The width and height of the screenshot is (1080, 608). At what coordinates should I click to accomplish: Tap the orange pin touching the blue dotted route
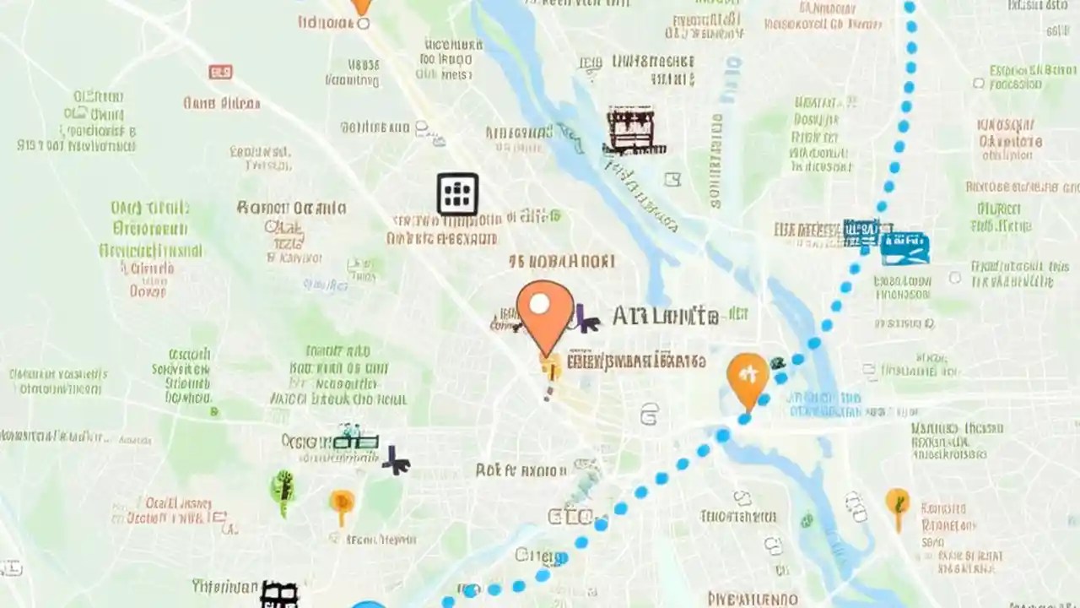(748, 377)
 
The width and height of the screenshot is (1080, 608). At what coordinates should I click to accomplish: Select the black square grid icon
(457, 194)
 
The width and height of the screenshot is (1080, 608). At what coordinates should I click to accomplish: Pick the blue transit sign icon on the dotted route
(904, 246)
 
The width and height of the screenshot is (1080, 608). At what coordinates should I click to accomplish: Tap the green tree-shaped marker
(283, 491)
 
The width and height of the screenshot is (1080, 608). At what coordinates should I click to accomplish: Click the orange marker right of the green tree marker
(342, 505)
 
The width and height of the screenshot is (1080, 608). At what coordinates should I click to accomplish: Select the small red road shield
(220, 73)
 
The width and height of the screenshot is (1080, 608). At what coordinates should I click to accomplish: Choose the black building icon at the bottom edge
(279, 594)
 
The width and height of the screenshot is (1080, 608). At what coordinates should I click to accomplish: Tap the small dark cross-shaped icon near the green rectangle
(396, 460)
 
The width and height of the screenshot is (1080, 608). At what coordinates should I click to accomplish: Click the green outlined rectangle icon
(355, 441)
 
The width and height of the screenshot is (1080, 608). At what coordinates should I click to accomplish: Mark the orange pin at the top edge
(361, 7)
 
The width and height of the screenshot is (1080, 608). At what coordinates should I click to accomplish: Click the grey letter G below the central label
(649, 414)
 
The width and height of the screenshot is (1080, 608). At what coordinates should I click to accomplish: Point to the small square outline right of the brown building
(672, 179)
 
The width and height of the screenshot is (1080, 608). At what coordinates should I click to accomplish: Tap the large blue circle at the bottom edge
(368, 603)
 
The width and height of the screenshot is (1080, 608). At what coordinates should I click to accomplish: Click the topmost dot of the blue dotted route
(909, 8)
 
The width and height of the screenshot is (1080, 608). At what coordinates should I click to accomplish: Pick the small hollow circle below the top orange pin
(363, 24)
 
